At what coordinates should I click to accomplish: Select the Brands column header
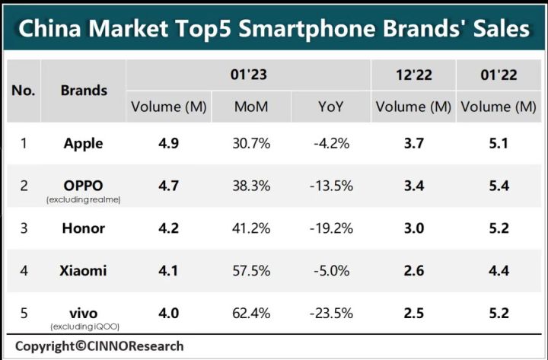(84, 90)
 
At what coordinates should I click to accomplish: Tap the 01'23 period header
(248, 75)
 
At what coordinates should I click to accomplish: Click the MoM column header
(250, 107)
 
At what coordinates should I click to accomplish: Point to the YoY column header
(331, 107)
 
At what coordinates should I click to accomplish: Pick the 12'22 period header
(413, 75)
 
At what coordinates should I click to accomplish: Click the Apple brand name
(84, 143)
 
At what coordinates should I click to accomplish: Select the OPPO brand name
(84, 185)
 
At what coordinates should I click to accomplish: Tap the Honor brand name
(84, 228)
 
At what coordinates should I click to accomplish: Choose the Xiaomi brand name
(84, 269)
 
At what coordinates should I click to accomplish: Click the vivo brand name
(84, 312)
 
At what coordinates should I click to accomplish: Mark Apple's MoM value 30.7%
(250, 143)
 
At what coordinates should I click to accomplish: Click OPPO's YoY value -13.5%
(331, 186)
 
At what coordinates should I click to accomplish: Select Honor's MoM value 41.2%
(250, 228)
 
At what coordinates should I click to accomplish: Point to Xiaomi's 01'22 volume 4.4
(499, 269)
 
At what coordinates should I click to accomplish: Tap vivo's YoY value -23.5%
(331, 312)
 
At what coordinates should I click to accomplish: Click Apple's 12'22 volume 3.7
(413, 143)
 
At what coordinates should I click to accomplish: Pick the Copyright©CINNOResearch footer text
(99, 346)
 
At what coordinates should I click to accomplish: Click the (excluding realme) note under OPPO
(84, 199)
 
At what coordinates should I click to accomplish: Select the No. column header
(24, 90)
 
